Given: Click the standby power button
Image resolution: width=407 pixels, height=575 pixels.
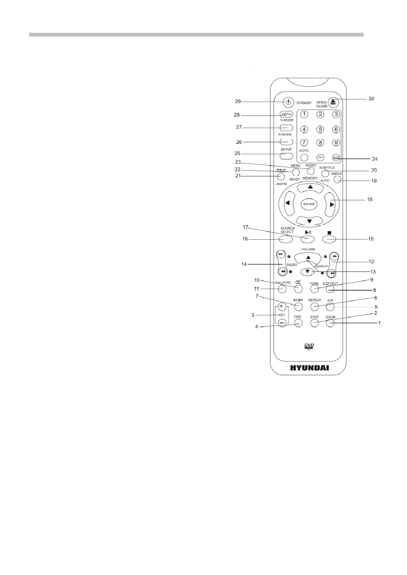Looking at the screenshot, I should point(289,102).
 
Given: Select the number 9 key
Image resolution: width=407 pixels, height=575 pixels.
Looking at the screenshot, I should point(336,142).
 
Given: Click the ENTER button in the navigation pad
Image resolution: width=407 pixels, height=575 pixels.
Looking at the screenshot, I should point(309,204).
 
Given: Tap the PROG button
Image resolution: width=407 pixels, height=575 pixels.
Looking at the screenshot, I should point(286,115).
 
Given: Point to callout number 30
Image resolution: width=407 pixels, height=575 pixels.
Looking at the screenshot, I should point(371,98).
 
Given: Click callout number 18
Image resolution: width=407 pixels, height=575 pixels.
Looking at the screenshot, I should point(369,199).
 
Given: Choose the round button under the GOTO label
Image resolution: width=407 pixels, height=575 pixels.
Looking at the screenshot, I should point(304,157).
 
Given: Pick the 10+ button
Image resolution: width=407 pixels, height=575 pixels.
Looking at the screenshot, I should point(320,157).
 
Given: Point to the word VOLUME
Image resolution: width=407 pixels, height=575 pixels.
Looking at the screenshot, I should point(308,249).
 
